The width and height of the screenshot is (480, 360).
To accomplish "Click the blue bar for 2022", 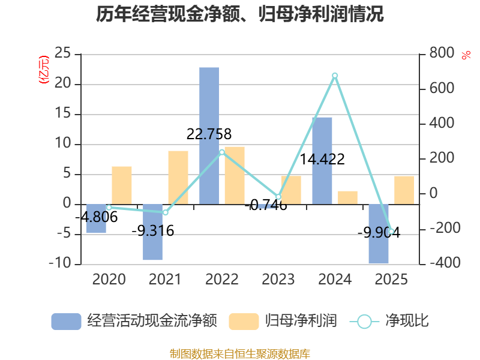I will (x=209, y=136).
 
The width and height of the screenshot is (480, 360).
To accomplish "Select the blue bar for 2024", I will (x=322, y=161).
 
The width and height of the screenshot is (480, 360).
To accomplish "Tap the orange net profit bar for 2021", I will (x=178, y=178).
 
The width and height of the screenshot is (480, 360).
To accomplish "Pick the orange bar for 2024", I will (x=347, y=198).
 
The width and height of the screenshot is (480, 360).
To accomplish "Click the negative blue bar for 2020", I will (x=96, y=219).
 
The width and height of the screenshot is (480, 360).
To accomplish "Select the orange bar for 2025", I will (x=404, y=190).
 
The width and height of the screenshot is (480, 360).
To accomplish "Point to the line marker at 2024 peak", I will (x=335, y=76).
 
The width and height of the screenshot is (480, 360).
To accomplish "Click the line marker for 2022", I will (x=222, y=152).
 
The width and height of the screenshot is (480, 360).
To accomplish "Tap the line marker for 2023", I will (x=278, y=197).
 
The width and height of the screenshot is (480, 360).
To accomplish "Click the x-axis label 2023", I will (x=278, y=280).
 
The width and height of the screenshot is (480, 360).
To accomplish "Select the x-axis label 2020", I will (x=109, y=280).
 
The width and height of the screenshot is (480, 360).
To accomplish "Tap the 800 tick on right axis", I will (x=442, y=53).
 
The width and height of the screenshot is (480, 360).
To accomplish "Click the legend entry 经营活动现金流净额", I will (x=134, y=321).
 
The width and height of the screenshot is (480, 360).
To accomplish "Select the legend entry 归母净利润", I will (x=283, y=321).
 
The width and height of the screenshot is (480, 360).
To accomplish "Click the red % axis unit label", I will (x=466, y=55).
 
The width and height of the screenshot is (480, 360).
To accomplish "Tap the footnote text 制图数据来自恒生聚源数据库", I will (x=240, y=354).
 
